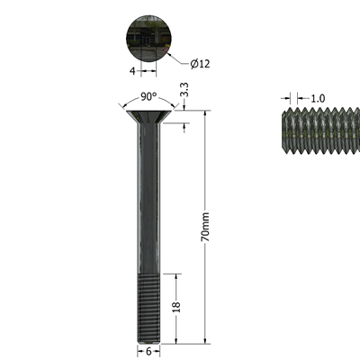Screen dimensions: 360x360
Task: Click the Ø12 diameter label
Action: coord(200,64)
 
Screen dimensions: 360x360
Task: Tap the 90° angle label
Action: coord(148,96)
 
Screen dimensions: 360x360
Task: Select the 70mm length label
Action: coord(205,227)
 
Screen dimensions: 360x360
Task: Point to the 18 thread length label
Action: coord(176,307)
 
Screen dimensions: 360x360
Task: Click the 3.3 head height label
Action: coord(184,90)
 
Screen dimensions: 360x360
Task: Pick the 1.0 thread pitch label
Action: coord(318,98)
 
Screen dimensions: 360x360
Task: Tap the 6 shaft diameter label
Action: coord(148,352)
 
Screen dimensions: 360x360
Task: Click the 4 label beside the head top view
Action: coord(132,71)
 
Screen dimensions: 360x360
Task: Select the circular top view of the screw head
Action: coord(148,39)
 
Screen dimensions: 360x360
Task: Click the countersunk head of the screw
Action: coord(148,116)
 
